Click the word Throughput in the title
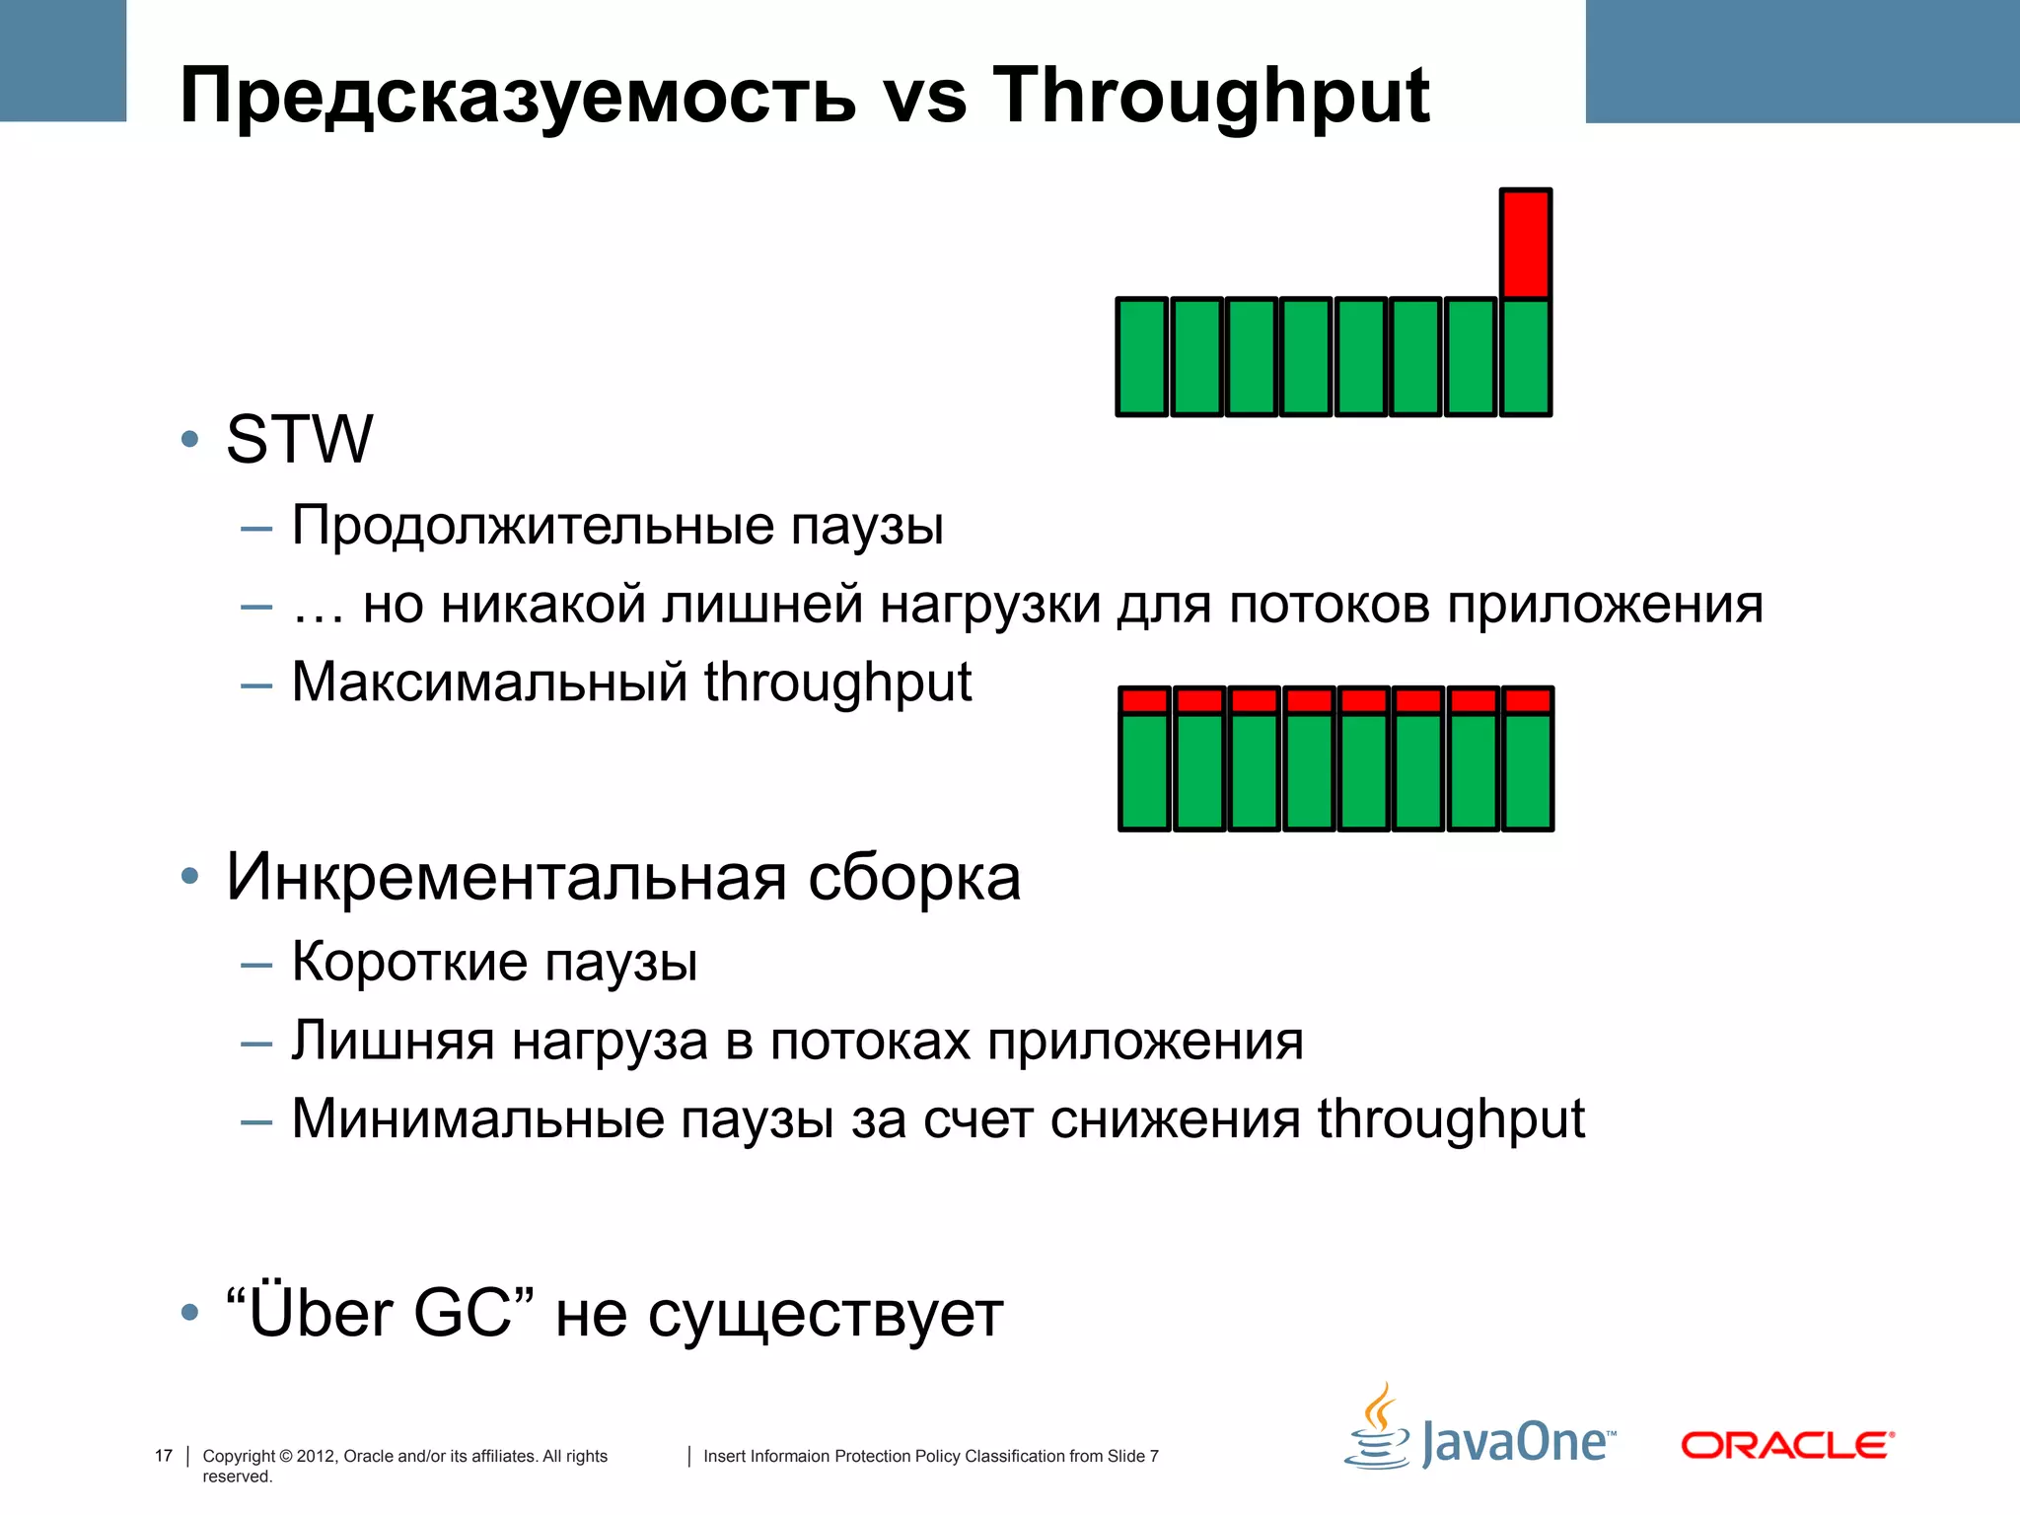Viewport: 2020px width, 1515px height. (x=1210, y=96)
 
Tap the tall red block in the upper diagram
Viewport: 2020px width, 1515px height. (x=1526, y=243)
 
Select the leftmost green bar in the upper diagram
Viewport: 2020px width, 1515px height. (x=1142, y=357)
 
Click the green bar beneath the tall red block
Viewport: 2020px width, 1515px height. (x=1526, y=357)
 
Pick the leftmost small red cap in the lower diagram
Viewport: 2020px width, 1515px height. (x=1144, y=700)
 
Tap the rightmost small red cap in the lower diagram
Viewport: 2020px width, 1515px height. (x=1529, y=700)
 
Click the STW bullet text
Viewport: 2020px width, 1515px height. (x=299, y=439)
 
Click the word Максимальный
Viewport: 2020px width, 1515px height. (x=489, y=682)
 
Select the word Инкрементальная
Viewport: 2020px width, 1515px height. (x=506, y=877)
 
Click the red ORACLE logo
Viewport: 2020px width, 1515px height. (x=1787, y=1446)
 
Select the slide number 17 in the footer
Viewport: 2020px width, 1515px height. (x=164, y=1456)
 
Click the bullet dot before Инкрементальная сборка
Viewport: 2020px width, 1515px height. (x=189, y=876)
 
